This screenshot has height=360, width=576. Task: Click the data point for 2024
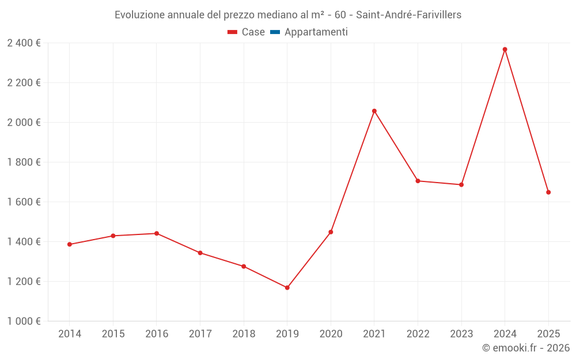[x=505, y=50]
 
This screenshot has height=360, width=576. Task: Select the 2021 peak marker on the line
[x=374, y=111]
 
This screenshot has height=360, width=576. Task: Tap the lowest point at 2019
[x=287, y=287]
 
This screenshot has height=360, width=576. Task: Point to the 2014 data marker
[x=70, y=244]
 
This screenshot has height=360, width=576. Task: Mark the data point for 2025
[x=548, y=192]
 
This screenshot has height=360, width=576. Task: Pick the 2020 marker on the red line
[x=331, y=232]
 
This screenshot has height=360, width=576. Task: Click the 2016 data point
[x=157, y=233]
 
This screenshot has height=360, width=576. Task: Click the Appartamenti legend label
[x=316, y=32]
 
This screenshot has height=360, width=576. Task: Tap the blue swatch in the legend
[x=275, y=32]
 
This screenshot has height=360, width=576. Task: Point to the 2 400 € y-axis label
[x=24, y=43]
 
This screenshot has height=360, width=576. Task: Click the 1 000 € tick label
[x=24, y=321]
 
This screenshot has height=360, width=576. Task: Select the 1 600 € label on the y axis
[x=24, y=202]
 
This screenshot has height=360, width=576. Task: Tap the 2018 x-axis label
[x=244, y=334]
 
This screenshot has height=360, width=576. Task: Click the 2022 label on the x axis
[x=418, y=334]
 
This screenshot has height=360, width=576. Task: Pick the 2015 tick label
[x=113, y=334]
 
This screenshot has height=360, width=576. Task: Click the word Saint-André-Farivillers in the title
[x=408, y=15]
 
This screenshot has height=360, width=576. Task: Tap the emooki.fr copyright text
[x=526, y=348]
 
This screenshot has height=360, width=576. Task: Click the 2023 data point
[x=461, y=185]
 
